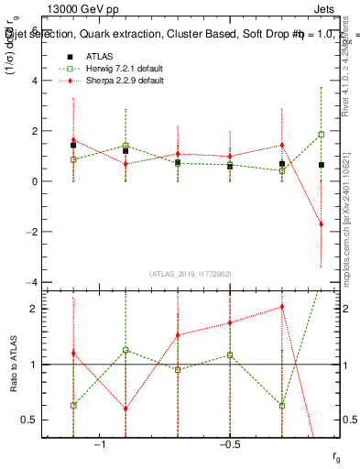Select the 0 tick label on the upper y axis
coord(34,181)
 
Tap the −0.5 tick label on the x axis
coord(228,444)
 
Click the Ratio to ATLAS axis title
coord(14,364)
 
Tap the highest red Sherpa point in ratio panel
coord(282,307)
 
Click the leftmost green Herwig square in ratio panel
coord(73,405)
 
